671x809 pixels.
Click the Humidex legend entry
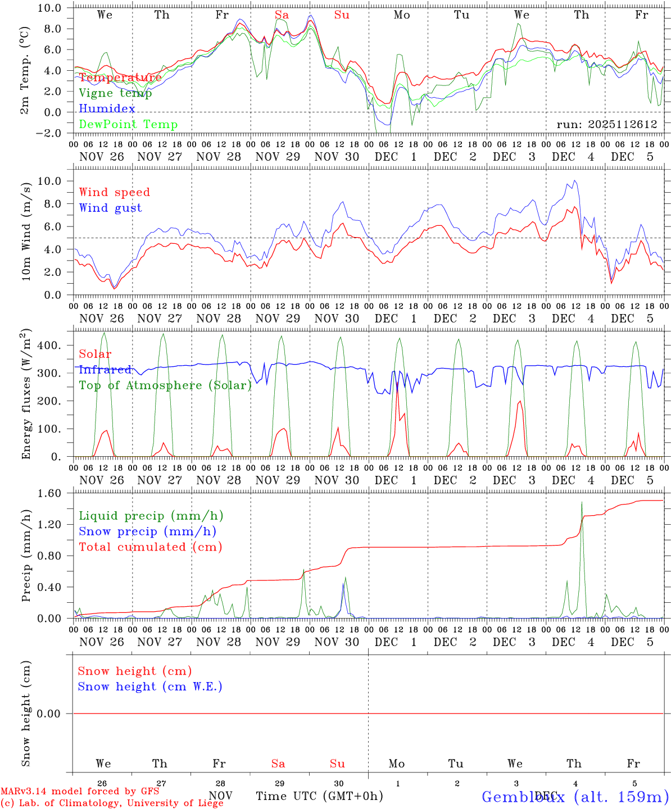coord(107,109)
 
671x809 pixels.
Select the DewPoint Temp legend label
coord(128,125)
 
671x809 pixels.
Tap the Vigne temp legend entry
coord(115,93)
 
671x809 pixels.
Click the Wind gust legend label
coord(110,208)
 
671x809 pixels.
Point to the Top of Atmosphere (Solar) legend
coord(165,385)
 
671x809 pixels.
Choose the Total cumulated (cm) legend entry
coord(150,547)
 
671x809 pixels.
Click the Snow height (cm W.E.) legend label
coord(150,687)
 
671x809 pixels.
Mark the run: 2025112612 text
coord(607,124)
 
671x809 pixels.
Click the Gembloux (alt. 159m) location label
coord(575,797)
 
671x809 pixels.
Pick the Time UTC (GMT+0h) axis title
coord(320,796)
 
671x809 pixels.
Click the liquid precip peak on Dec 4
coord(582,502)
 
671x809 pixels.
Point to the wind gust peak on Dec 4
coord(574,180)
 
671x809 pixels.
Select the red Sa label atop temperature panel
coord(282,15)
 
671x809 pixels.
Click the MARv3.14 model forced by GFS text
coord(80,792)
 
